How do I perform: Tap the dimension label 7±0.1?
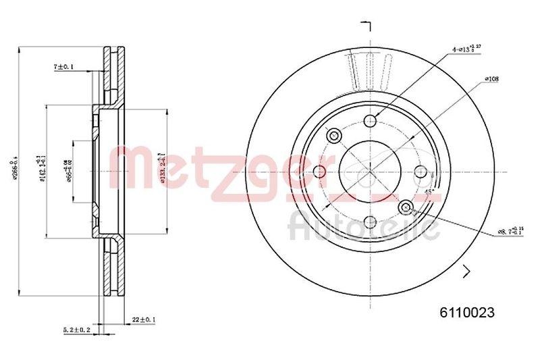point(63,66)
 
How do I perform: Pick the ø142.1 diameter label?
point(42,170)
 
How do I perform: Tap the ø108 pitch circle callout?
point(491,79)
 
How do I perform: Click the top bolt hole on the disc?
point(369,120)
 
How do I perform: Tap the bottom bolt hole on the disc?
point(369,221)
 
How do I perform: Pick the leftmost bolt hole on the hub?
point(319,171)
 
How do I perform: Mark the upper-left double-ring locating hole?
point(333,135)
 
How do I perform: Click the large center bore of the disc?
point(369,171)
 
